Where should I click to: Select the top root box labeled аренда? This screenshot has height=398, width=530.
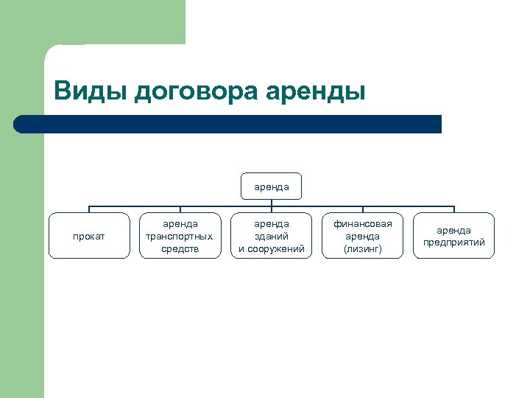272,187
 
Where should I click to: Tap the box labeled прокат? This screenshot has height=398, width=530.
90,236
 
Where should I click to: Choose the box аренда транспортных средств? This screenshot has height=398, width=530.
180,236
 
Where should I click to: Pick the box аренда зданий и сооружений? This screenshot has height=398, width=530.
272,236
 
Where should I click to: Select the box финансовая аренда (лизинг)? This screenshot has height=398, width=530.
363,236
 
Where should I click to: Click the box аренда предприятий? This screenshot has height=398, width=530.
453,236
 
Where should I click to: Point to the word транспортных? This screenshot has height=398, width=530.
180,236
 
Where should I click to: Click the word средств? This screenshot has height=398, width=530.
180,249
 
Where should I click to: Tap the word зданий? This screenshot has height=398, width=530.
272,236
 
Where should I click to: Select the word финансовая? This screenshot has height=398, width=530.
363,223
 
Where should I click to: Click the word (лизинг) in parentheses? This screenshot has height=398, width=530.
363,249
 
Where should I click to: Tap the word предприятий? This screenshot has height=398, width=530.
453,242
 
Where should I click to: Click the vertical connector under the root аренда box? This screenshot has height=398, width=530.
272,203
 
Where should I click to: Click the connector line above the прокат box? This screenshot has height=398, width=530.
90,209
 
